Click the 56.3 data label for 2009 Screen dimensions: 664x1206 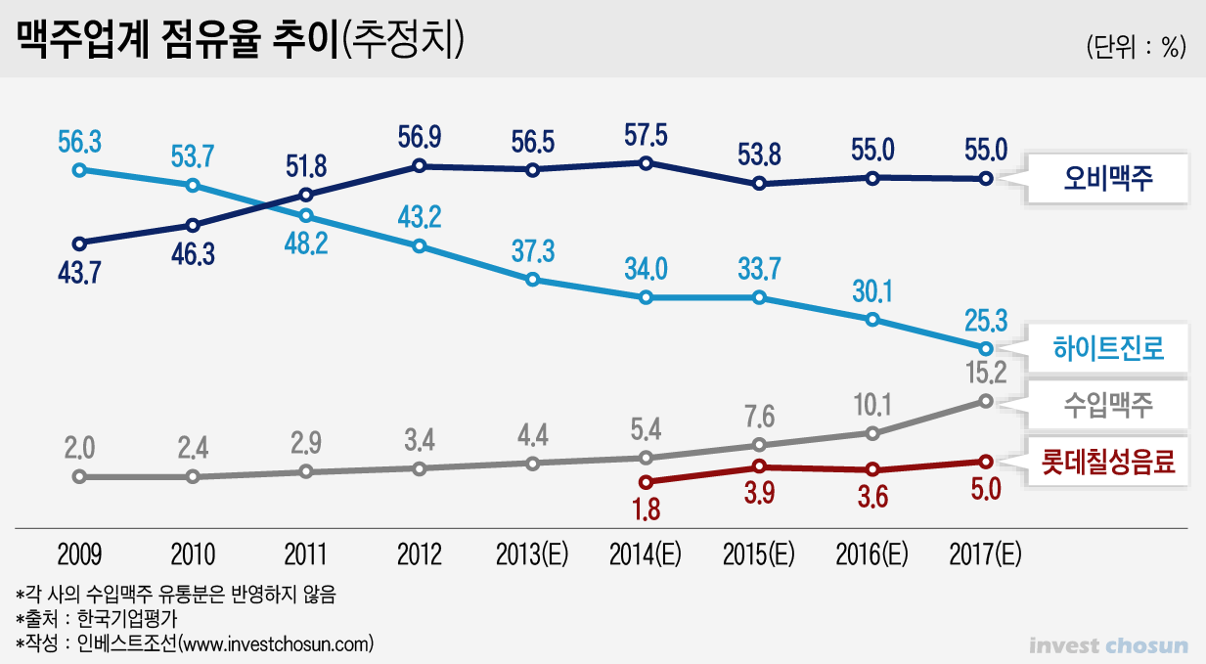[78, 142]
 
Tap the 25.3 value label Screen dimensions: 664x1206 [985, 319]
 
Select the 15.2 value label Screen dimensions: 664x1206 [985, 372]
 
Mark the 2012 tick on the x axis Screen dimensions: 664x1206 [419, 554]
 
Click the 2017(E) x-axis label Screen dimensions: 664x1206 [985, 554]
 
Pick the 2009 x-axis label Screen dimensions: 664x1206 [78, 554]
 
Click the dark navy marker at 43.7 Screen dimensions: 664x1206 [79, 243]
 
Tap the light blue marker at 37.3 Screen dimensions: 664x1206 [532, 280]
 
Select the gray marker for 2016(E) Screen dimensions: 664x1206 [872, 432]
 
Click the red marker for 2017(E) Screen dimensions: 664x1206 [985, 462]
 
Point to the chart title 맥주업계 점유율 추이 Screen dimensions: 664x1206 [176, 42]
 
